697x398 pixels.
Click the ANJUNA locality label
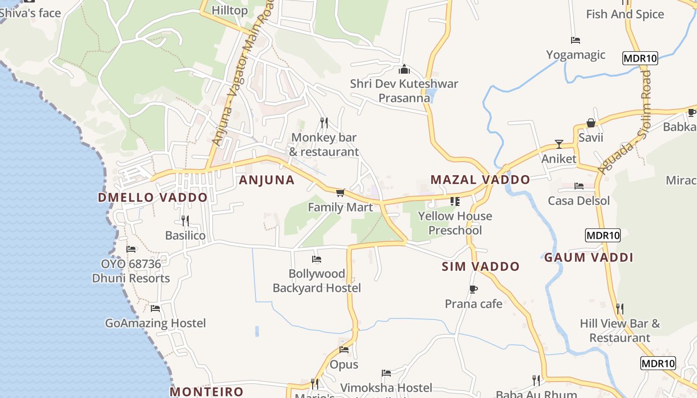266,180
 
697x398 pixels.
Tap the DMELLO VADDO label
152,198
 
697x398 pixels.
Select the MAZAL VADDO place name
480,180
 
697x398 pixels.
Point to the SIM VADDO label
480,267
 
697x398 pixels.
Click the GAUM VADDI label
588,257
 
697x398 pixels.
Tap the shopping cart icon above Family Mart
340,193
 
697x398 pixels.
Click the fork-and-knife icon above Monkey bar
324,122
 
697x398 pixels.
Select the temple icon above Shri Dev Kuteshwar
404,69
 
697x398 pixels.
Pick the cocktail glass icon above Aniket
559,144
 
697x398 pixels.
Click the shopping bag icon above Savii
590,122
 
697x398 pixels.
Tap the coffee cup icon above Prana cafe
473,289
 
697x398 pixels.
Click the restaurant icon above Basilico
185,220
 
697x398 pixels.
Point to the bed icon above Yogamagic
576,40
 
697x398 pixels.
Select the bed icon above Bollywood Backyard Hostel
316,259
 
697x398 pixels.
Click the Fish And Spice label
625,14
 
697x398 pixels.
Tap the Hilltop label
230,10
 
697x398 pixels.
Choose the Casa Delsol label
579,201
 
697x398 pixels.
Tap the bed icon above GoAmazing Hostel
155,308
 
